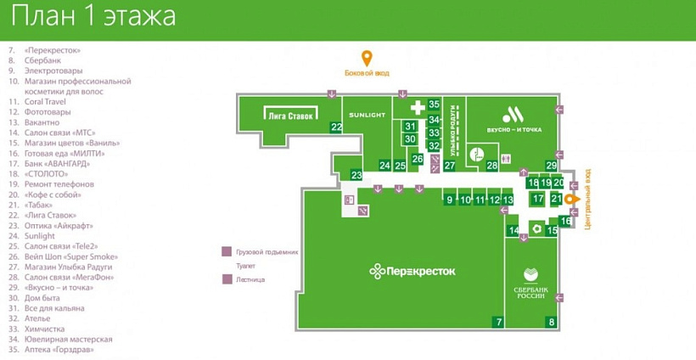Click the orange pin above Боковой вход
(367, 59)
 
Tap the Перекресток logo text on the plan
(413, 271)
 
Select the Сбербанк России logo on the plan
(531, 284)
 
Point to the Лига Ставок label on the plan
(290, 115)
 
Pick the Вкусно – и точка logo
(514, 119)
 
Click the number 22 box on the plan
(337, 127)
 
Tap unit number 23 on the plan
(356, 175)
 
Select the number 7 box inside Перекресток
(498, 322)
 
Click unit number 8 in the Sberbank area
(551, 322)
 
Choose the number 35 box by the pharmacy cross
(434, 104)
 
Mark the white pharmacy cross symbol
(417, 108)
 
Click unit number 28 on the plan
(492, 166)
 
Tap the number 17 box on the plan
(537, 199)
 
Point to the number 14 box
(514, 231)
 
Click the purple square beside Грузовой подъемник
(227, 252)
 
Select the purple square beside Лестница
(227, 278)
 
